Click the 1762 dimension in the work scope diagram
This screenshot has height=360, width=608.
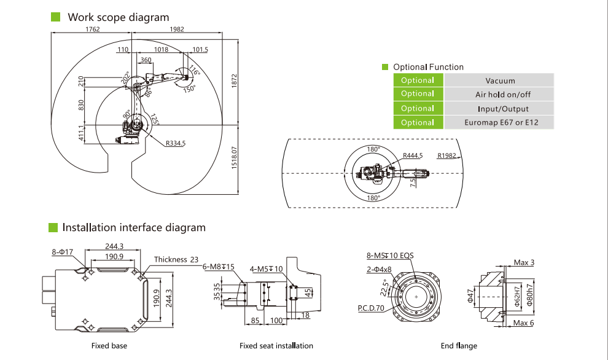93,29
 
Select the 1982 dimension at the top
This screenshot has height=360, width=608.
176,29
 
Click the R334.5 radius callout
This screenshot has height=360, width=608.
175,144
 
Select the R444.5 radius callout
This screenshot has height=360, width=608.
413,156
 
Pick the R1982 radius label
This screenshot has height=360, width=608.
446,156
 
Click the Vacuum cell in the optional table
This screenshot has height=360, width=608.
500,80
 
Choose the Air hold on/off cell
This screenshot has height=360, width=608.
500,95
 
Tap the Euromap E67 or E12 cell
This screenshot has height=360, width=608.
500,122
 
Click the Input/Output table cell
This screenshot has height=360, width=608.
500,109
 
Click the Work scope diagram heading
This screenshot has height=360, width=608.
119,17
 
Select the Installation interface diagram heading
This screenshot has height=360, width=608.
134,227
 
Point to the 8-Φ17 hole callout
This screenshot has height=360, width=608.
63,251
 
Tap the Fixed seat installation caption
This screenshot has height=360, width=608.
276,346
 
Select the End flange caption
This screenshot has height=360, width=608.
459,346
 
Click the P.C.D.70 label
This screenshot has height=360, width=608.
371,308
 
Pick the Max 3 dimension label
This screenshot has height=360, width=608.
524,263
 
